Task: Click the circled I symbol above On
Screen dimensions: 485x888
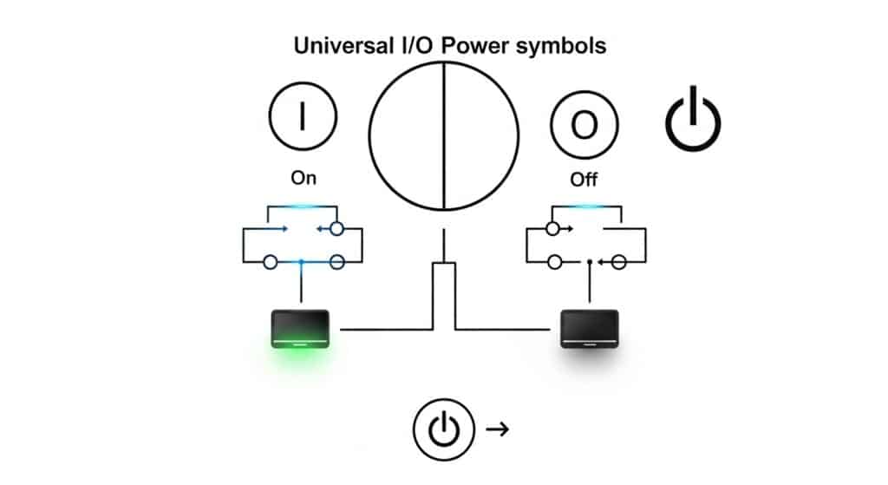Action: (x=302, y=118)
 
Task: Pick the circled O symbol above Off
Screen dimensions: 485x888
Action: (x=584, y=125)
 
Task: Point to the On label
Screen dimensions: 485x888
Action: (x=304, y=178)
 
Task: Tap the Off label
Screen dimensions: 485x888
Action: (x=584, y=180)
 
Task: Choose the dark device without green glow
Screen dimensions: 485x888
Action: (x=589, y=328)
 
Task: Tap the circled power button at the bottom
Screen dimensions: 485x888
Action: (x=444, y=429)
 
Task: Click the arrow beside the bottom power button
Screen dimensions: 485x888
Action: (x=497, y=429)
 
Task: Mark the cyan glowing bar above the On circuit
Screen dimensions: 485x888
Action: (x=302, y=206)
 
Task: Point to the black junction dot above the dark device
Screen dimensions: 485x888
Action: (x=590, y=260)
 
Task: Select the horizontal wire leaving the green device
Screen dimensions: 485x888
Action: (x=386, y=329)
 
